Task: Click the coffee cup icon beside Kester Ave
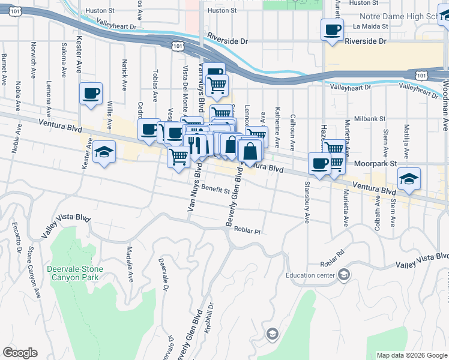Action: tap(91, 94)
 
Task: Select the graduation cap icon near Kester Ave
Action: tap(104, 152)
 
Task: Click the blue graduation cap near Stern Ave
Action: tap(409, 179)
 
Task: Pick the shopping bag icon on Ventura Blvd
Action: tap(250, 152)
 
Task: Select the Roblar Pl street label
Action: tap(247, 231)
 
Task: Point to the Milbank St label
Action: tap(369, 119)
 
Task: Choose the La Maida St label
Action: tap(372, 26)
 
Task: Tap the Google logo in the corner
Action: tap(20, 353)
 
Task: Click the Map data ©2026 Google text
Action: tap(411, 355)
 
